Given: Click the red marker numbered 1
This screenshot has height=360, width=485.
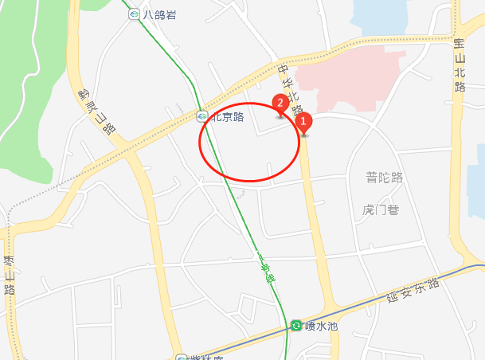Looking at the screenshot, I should (303, 124).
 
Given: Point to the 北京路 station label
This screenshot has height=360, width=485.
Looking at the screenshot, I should (227, 117).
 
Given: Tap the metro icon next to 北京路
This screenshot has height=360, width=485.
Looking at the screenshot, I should (202, 117).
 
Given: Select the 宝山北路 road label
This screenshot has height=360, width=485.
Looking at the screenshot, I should (459, 64).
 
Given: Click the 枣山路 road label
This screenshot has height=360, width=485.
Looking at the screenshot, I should (10, 275).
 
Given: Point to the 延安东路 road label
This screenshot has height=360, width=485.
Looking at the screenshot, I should (413, 292).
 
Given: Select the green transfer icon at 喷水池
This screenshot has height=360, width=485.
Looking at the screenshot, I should (296, 326).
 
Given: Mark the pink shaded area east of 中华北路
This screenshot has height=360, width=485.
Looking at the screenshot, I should (358, 80).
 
